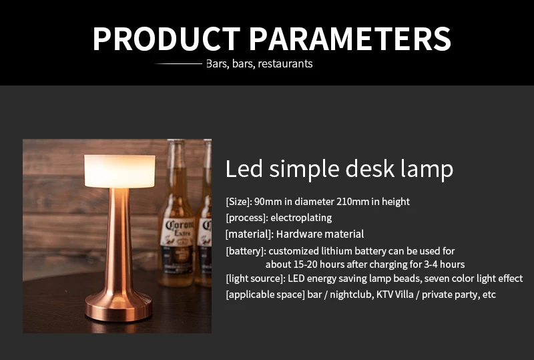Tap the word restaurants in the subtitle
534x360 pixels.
click(285, 64)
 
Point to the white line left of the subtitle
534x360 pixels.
click(178, 64)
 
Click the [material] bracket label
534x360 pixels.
click(249, 234)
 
